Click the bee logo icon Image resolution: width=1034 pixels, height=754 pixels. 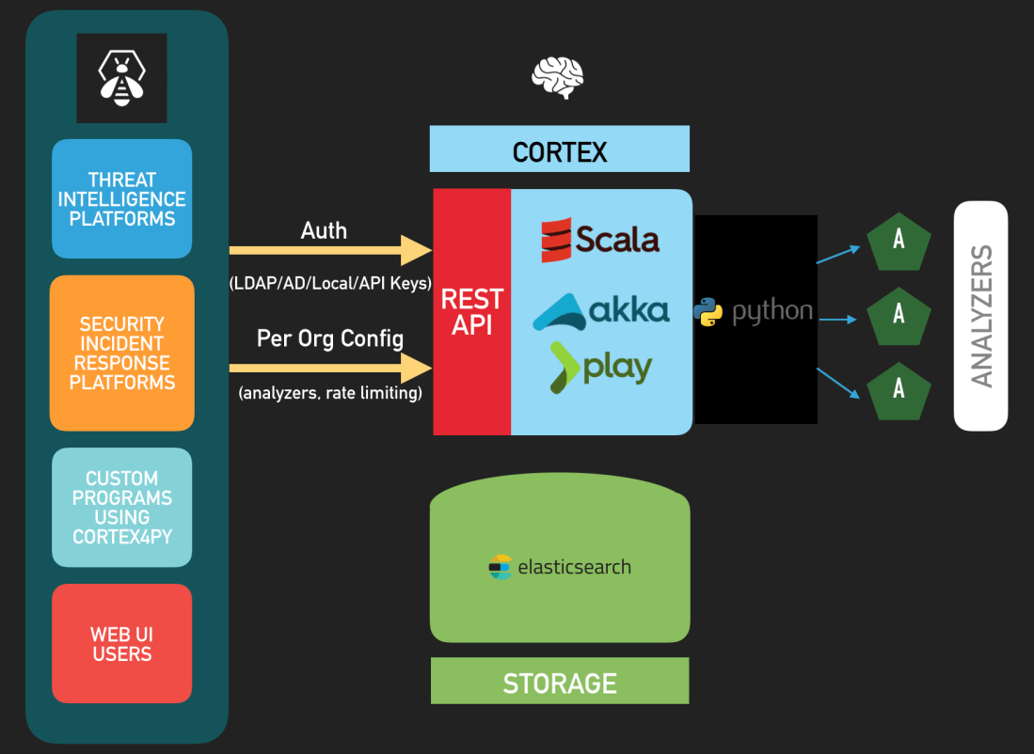(121, 78)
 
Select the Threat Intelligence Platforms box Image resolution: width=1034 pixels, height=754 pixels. (121, 199)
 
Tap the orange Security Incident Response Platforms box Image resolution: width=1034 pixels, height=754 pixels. (121, 353)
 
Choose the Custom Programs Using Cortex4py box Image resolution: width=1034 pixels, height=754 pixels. (121, 508)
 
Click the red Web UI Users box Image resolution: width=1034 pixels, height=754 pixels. (121, 644)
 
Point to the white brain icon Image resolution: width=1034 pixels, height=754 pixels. (558, 78)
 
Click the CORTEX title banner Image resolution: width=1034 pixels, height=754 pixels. (560, 150)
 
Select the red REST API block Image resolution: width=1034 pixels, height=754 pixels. (472, 311)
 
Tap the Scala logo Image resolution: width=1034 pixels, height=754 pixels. (600, 239)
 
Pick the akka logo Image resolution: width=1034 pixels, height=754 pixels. (601, 310)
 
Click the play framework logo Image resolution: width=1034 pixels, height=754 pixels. (601, 366)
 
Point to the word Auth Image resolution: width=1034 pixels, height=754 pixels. (324, 230)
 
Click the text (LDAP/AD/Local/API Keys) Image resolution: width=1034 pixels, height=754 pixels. (330, 282)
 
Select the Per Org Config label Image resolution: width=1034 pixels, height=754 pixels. (330, 338)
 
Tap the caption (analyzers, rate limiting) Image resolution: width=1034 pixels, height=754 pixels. (330, 393)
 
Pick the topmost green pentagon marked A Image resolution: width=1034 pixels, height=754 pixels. (899, 240)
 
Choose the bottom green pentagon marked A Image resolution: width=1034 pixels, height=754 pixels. (899, 387)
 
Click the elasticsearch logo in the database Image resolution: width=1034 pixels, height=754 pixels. (560, 567)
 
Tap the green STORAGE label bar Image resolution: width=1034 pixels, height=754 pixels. (560, 682)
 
